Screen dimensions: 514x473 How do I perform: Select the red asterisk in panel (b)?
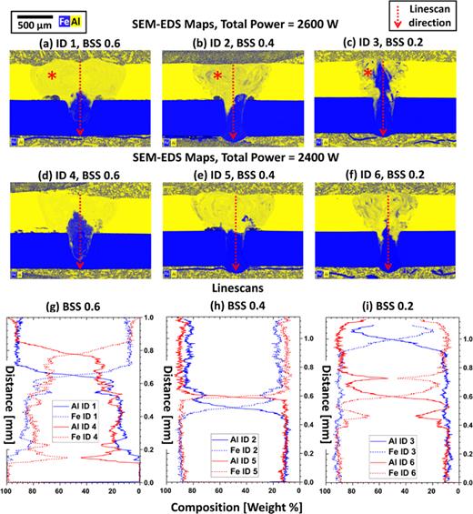tap(217, 76)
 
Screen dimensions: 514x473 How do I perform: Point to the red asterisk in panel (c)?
tap(368, 73)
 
